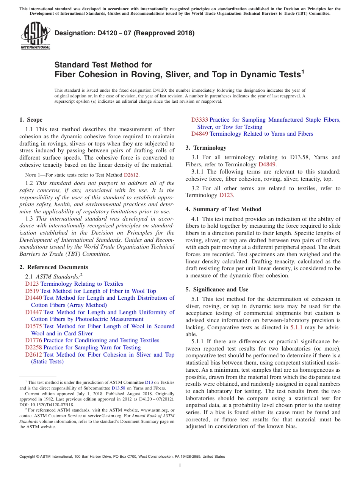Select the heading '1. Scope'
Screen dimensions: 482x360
[31, 120]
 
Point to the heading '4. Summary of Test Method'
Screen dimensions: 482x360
[223, 209]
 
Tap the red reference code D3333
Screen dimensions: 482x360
[199, 120]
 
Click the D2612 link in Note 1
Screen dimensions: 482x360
[131, 175]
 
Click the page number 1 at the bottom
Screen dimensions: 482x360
[180, 465]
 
